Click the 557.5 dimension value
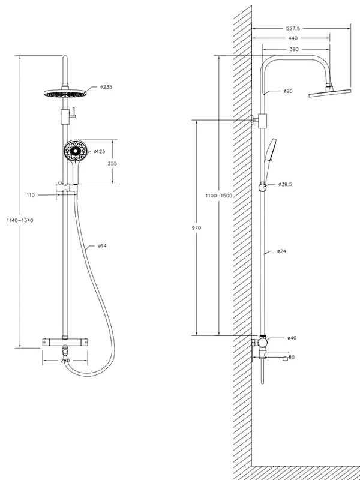(x=293, y=28)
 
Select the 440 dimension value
(x=293, y=38)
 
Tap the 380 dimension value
(x=294, y=49)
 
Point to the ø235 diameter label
(x=106, y=87)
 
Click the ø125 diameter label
(x=100, y=152)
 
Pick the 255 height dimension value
(x=112, y=163)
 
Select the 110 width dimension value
(x=31, y=195)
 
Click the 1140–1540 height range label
(x=20, y=220)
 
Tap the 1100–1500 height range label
(x=219, y=196)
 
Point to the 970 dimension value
(x=196, y=228)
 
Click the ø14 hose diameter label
(x=102, y=246)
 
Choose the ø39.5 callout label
(x=286, y=184)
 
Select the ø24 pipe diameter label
(x=281, y=251)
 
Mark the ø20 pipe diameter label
(x=288, y=91)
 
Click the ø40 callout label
(x=292, y=338)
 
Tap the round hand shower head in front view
(x=76, y=151)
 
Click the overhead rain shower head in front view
(x=65, y=93)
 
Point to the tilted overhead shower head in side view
(x=329, y=93)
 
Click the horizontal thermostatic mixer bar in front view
(x=65, y=342)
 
